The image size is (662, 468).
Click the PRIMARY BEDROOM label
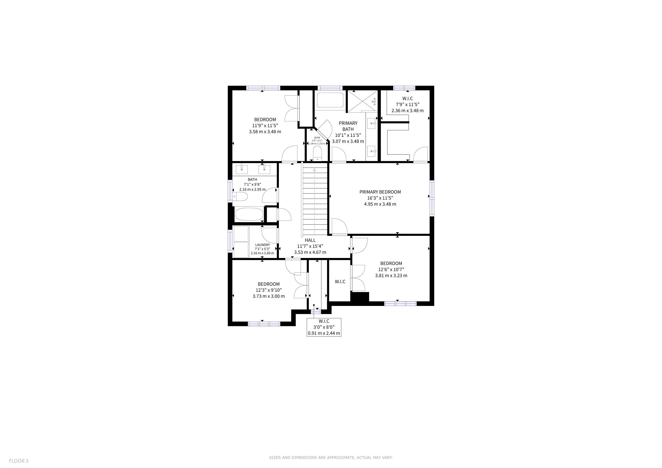pos(380,192)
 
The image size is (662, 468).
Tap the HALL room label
pos(310,240)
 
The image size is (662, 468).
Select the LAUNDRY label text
pos(262,245)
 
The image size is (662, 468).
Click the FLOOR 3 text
pos(19,461)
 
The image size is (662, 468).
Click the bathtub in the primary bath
pos(330,100)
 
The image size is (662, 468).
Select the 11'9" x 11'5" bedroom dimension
pos(265,126)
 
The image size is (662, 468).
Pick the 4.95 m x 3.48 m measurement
pos(380,204)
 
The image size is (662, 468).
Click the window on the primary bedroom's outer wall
pos(432,198)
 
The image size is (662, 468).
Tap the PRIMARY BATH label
pos(348,126)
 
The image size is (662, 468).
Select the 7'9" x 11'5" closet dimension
pos(407,105)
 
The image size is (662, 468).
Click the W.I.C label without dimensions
pos(340,282)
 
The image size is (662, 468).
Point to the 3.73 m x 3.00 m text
pos(269,296)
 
